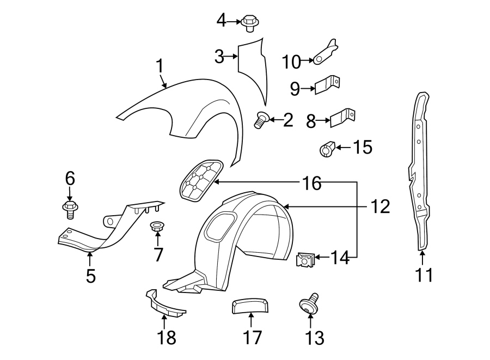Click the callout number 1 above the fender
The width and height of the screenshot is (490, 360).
(x=160, y=66)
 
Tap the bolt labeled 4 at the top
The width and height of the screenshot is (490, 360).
(x=249, y=23)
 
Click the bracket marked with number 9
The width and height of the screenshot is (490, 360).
(x=329, y=85)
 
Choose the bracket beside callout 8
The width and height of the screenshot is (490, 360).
(x=342, y=117)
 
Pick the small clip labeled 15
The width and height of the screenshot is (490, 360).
(x=327, y=148)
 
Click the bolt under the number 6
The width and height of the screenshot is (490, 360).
(x=70, y=209)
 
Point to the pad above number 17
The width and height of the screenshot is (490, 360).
(x=250, y=306)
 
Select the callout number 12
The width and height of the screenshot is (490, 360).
(x=381, y=206)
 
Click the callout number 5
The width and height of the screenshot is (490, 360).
(x=90, y=276)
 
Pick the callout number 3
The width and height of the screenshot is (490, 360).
(x=219, y=56)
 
